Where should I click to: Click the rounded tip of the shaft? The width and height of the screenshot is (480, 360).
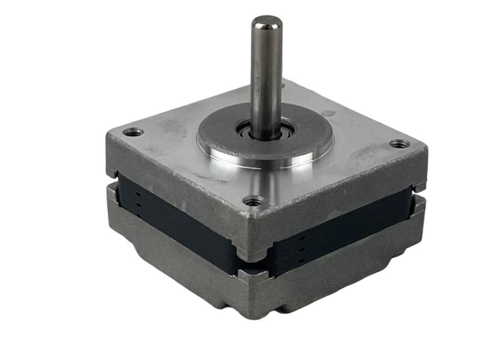(x=266, y=23)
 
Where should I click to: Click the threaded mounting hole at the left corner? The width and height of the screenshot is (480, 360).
(x=133, y=132)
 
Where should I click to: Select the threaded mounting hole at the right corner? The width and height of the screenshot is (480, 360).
(x=398, y=144)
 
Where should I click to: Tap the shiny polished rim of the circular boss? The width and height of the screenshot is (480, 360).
(x=264, y=161)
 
